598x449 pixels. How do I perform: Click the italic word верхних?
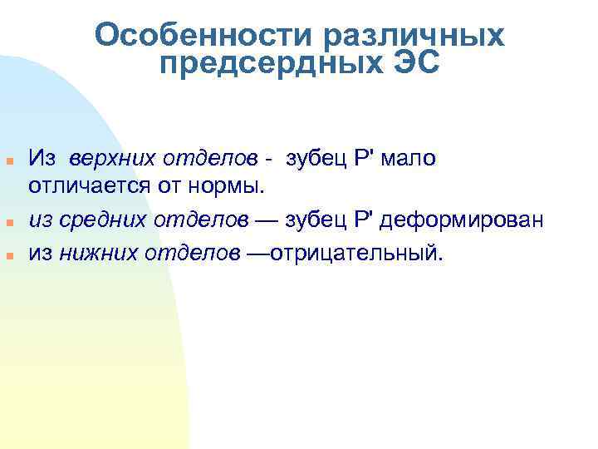103,158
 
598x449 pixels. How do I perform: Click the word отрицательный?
360,253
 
